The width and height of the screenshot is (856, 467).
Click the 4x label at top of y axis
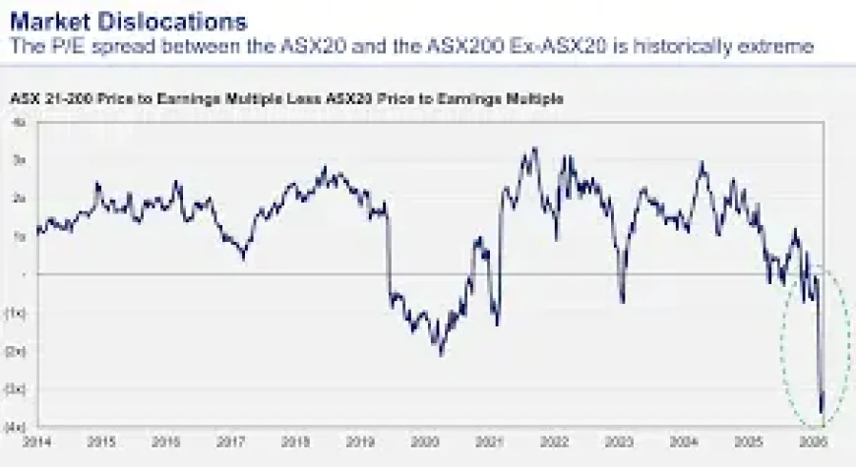coord(20,124)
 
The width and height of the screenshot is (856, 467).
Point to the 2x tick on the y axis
coord(20,198)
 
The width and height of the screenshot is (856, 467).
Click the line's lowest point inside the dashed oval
coord(823,413)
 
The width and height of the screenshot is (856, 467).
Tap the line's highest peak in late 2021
coord(534,149)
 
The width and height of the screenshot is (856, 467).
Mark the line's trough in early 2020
coord(441,353)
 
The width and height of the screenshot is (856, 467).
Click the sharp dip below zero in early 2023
coord(623,301)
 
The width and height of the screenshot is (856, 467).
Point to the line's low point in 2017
coord(244,258)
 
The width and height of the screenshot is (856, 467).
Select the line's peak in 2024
coord(702,163)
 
